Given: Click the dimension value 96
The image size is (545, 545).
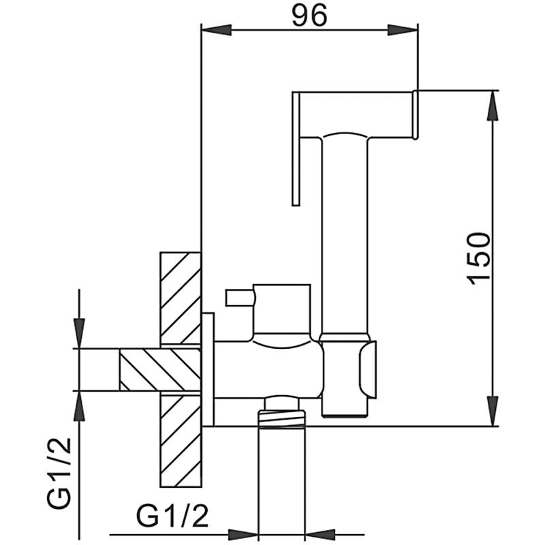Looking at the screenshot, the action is point(309,16).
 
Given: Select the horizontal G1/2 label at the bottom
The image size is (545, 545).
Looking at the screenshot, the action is point(173,516).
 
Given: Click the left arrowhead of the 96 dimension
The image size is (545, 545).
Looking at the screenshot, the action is point(217,30).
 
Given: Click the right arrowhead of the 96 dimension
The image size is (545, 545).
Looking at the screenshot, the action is point(403,30).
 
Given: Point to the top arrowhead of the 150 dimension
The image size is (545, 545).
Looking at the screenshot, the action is point(493,106).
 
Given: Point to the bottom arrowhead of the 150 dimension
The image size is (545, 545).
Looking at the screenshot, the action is point(493,411).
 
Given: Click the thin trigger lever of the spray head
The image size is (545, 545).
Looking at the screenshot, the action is point(296,149).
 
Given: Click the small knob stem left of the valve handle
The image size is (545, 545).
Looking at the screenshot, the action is point(240,298).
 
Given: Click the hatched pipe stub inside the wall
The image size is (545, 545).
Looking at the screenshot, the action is point(160,369).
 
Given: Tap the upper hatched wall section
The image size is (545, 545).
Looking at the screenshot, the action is point(181,300).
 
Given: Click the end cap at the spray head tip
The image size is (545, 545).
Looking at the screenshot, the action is point(415,115).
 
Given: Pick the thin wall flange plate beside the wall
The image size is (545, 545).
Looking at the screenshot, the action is point(208,369).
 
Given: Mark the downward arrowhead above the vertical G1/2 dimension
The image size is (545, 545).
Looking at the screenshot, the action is point(80,333).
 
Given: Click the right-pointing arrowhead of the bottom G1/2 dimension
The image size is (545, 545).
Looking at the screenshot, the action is point(243,535).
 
